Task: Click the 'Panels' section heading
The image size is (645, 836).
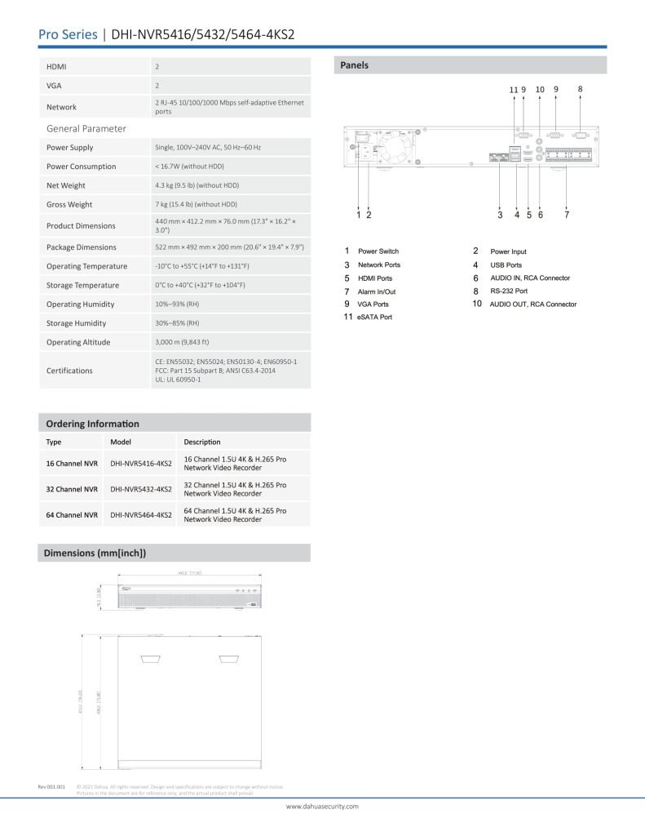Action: tap(355, 65)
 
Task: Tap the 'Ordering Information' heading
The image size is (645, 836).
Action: tap(92, 424)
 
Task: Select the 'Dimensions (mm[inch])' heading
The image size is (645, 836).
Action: tap(95, 553)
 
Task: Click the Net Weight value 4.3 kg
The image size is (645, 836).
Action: tap(197, 185)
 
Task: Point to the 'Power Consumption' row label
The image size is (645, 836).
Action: tap(81, 167)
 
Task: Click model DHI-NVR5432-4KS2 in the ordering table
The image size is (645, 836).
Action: tap(140, 489)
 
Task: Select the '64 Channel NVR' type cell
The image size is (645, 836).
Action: tap(72, 515)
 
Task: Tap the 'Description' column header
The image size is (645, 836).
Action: tap(202, 442)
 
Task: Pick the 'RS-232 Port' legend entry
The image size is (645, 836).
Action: tap(509, 291)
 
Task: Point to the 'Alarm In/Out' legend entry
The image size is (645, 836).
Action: tap(377, 291)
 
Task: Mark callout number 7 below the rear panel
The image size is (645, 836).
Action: tap(567, 215)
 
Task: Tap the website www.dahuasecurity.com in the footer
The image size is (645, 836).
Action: tap(322, 806)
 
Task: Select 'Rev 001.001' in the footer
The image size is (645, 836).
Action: tap(51, 786)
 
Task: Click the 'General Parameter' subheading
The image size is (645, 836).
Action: tap(86, 128)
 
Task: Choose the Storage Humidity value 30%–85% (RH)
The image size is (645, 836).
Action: tap(177, 323)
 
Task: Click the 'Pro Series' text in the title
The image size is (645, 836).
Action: tap(68, 34)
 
